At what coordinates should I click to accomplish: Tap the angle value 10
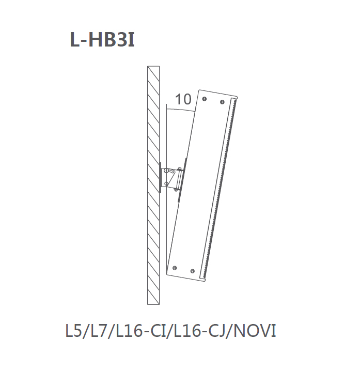(183, 99)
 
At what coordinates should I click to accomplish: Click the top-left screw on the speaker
(205, 98)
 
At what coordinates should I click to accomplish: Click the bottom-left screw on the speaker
(175, 268)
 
